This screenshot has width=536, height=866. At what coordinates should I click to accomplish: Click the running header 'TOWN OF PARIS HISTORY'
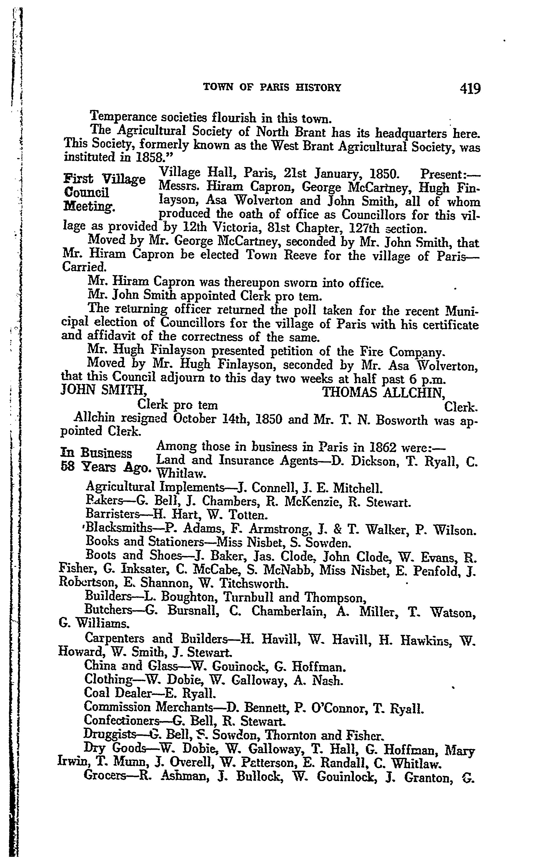tap(272, 88)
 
